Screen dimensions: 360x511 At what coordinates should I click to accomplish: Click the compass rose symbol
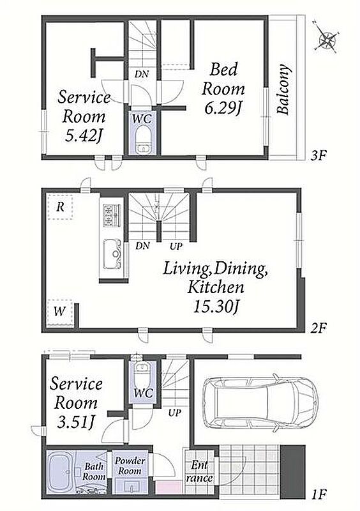coord(327,40)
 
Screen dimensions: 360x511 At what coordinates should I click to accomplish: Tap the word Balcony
coord(283,89)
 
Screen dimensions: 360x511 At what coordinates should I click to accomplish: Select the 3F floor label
coord(319,155)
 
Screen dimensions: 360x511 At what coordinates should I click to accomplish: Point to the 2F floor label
coord(319,328)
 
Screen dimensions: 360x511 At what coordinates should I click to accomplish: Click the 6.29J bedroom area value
coord(223,109)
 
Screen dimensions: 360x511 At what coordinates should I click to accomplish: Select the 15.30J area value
coord(216,307)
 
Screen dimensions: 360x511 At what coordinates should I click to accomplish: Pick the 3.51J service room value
coord(75,422)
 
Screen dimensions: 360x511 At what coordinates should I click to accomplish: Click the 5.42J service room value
coord(84,136)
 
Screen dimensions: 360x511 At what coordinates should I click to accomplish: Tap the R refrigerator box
coord(60,206)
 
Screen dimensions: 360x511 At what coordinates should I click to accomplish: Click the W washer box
coord(59,312)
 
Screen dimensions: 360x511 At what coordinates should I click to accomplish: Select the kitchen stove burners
coord(112,215)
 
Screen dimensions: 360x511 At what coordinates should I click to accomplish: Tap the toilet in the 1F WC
coord(142,373)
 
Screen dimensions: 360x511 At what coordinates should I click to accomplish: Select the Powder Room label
coord(130,466)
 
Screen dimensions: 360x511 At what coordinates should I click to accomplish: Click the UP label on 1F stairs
coord(174,413)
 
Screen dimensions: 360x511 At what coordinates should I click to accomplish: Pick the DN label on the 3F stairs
coord(142,74)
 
